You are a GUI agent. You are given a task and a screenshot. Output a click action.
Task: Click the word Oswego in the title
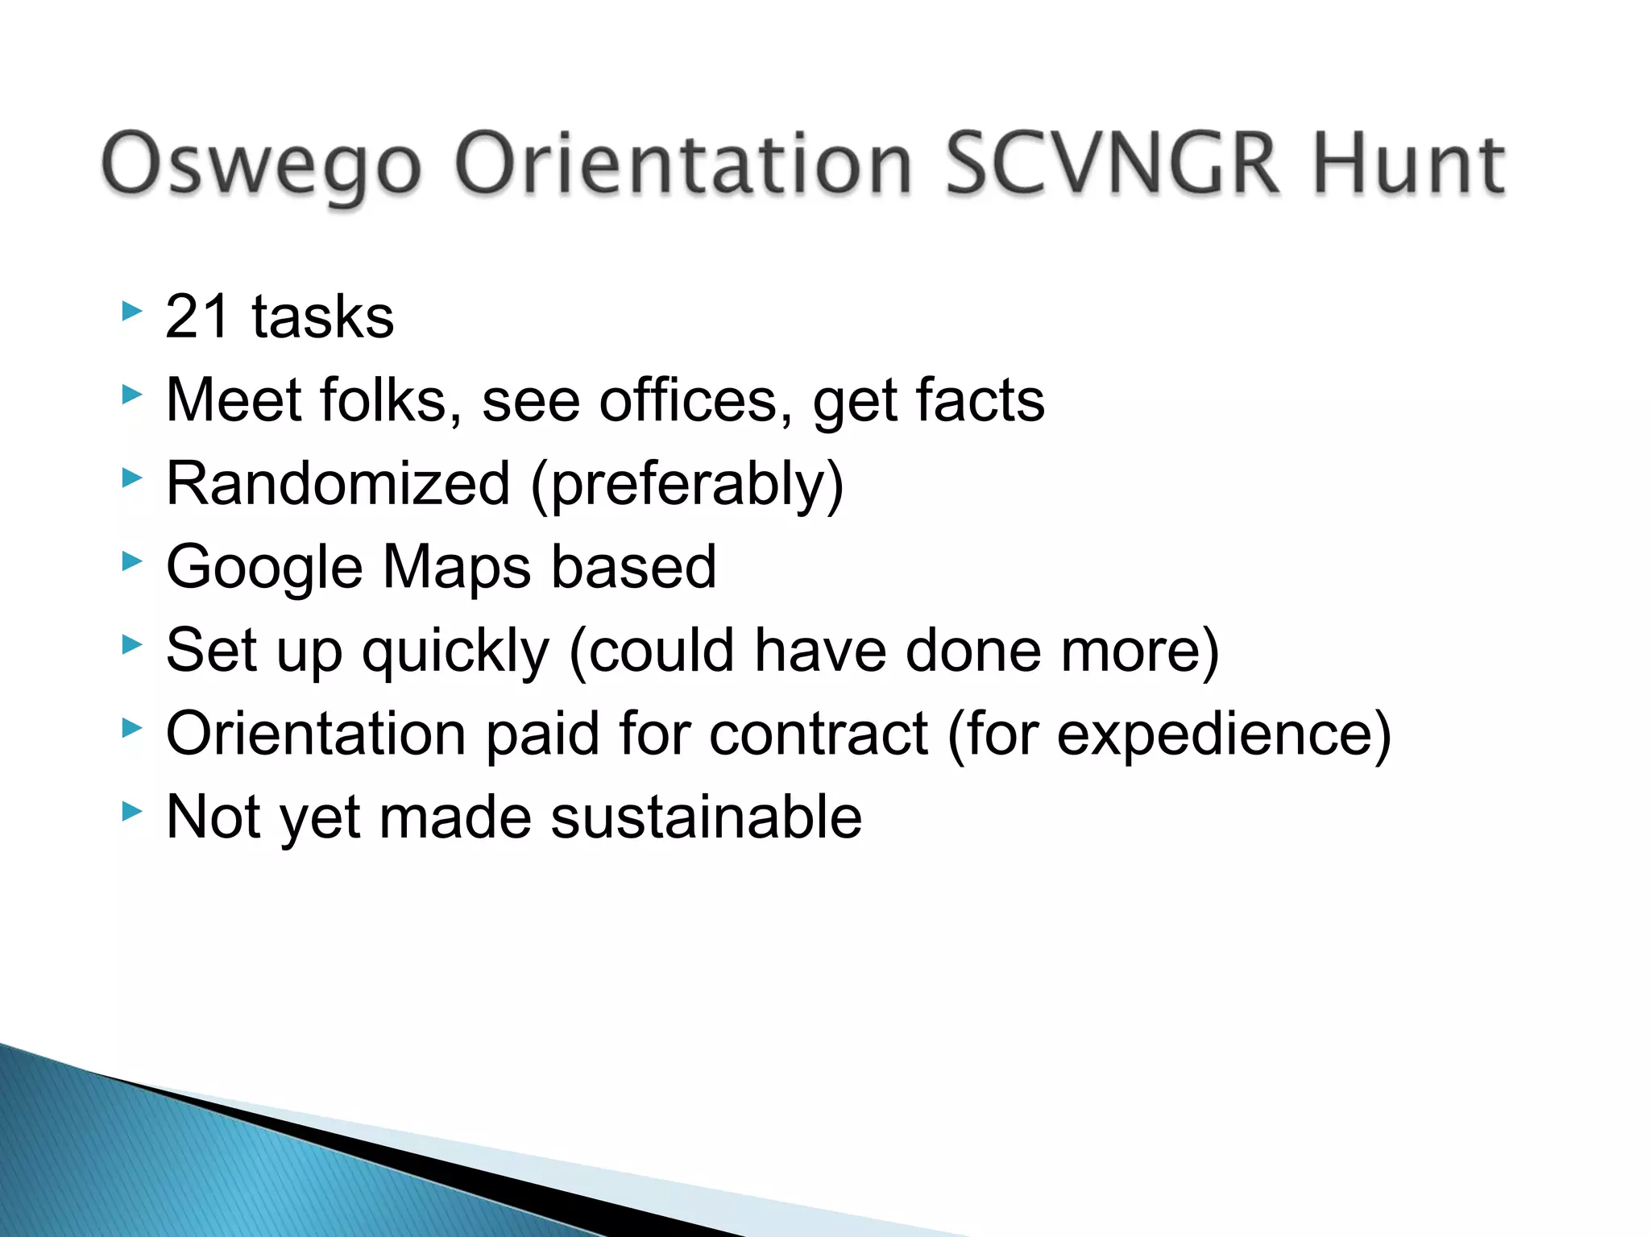pyautogui.click(x=260, y=165)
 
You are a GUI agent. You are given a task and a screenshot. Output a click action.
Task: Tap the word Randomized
pyautogui.click(x=338, y=483)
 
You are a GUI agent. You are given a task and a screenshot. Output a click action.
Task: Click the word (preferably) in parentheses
pyautogui.click(x=687, y=485)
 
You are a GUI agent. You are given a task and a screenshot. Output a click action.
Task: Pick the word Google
pyautogui.click(x=264, y=568)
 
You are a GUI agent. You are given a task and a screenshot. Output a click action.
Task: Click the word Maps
pyautogui.click(x=456, y=568)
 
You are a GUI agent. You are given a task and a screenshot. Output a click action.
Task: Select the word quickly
pyautogui.click(x=455, y=651)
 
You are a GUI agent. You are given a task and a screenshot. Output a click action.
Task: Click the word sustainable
pyautogui.click(x=707, y=817)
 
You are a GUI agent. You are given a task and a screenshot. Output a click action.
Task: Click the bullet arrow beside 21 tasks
pyautogui.click(x=132, y=311)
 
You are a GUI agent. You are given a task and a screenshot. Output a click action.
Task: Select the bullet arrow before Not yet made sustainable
pyautogui.click(x=132, y=812)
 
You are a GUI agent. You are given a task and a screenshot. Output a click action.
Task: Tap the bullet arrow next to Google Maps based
pyautogui.click(x=132, y=561)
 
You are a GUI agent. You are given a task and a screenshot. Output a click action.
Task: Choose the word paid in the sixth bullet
pyautogui.click(x=543, y=734)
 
